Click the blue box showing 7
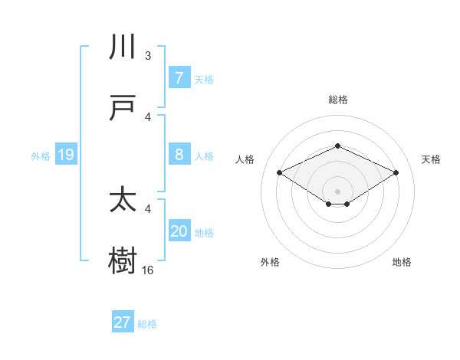click(179, 78)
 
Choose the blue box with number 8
click(179, 155)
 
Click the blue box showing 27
click(123, 322)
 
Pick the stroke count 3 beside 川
click(148, 56)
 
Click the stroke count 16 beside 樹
click(148, 270)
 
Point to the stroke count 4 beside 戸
click(148, 116)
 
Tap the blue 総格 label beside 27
click(147, 324)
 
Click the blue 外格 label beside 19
click(41, 156)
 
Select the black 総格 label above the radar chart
click(337, 100)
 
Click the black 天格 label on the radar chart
click(431, 159)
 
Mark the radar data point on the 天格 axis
click(396, 172)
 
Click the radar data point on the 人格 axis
click(280, 172)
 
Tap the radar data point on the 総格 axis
click(337, 146)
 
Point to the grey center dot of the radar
click(337, 191)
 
